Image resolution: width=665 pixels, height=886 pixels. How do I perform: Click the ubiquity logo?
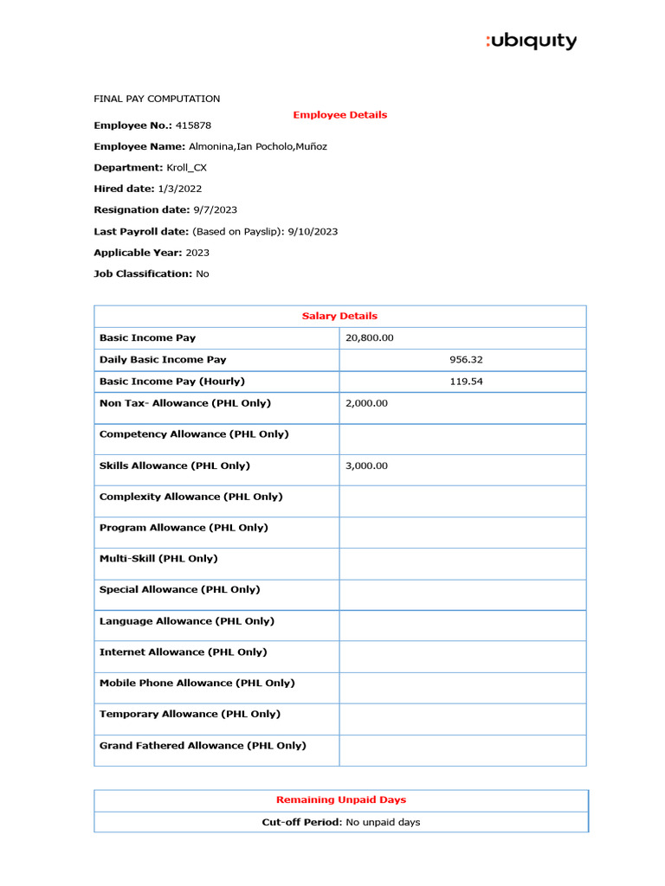click(531, 41)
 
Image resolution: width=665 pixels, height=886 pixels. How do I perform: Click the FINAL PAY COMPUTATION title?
click(157, 99)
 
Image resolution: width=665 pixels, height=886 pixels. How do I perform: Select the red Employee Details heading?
click(339, 114)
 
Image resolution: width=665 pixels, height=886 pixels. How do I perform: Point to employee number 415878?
click(195, 125)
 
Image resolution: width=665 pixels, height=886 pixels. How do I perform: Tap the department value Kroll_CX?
click(186, 168)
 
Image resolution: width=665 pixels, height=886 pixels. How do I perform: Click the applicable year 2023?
click(197, 253)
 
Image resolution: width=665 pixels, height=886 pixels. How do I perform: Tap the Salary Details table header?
click(339, 316)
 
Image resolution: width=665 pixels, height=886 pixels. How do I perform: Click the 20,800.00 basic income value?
click(369, 337)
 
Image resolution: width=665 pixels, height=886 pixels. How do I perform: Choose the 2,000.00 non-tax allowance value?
click(366, 403)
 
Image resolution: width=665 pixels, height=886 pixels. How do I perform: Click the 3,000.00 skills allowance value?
click(366, 465)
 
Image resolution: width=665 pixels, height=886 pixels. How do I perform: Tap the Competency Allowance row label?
click(194, 434)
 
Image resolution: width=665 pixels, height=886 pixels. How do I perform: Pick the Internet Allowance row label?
click(183, 652)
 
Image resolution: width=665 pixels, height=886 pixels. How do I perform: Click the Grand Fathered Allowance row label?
click(203, 745)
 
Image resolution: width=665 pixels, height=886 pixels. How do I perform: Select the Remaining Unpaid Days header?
click(340, 799)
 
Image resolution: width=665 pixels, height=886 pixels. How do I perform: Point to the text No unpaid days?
click(383, 822)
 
